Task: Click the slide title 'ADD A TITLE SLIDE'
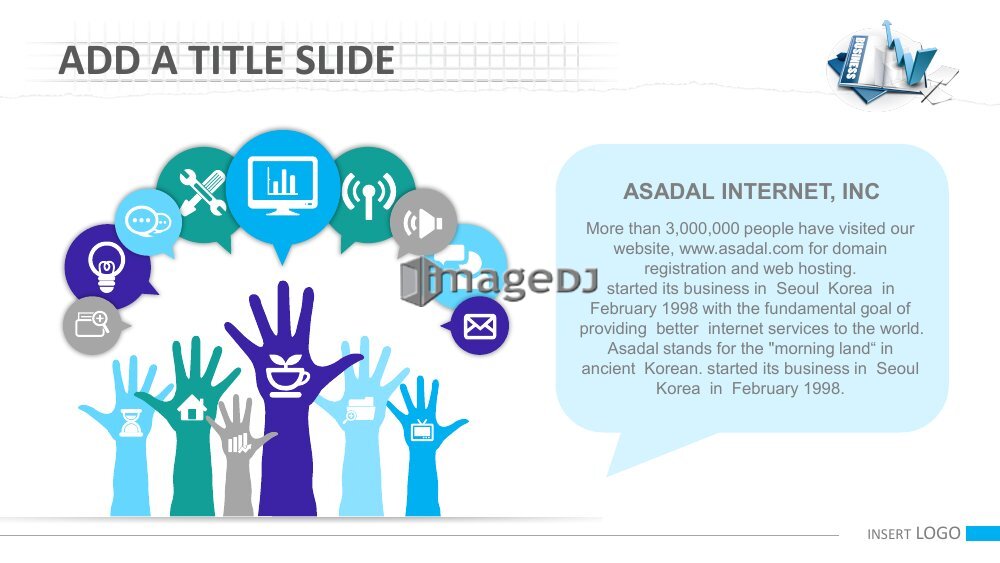[x=226, y=61]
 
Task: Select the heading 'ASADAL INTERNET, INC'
[x=751, y=191]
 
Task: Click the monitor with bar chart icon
[x=283, y=186]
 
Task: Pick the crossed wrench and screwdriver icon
[x=202, y=192]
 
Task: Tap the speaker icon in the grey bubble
[x=423, y=223]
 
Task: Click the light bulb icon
[x=107, y=266]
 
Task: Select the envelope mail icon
[x=480, y=326]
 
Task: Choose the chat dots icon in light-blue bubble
[x=148, y=222]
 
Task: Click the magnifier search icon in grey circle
[x=92, y=324]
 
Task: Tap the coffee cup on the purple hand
[x=286, y=375]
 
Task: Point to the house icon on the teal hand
[x=191, y=407]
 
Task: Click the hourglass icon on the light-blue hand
[x=131, y=423]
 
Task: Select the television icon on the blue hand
[x=422, y=430]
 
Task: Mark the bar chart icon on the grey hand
[x=239, y=443]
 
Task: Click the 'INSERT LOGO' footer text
[x=914, y=534]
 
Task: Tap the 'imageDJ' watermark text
[x=499, y=281]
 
